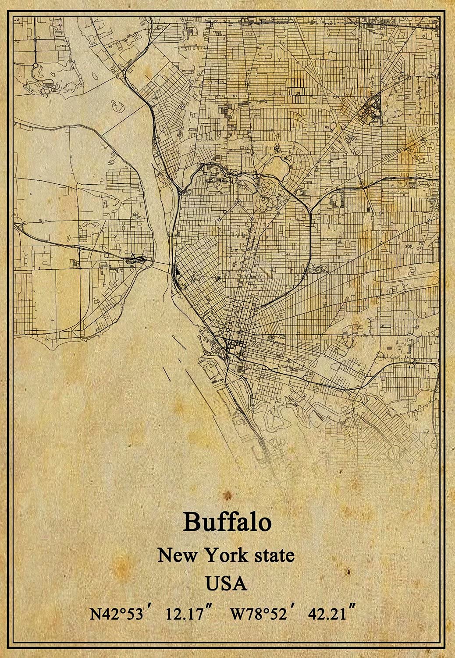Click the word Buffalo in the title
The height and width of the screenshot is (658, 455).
click(227, 522)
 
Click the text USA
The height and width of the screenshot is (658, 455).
click(227, 583)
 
